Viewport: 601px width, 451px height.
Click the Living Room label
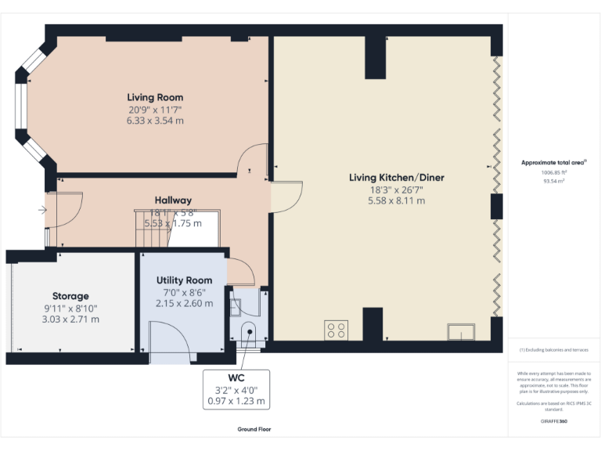point(155,97)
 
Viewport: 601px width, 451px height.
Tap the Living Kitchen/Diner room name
point(396,178)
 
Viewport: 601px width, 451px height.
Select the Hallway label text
point(173,200)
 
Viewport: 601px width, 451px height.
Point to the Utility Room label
point(184,280)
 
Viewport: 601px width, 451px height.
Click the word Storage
point(70,296)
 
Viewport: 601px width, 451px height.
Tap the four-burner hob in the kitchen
point(336,330)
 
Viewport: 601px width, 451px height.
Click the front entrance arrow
point(41,210)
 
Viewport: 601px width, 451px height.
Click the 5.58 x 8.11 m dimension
point(396,200)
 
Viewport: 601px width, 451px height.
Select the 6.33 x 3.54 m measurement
point(155,121)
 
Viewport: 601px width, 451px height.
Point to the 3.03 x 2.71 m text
point(70,319)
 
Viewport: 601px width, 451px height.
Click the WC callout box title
point(236,377)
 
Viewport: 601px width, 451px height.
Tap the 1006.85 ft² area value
point(553,172)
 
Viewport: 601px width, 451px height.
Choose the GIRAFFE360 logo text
point(553,421)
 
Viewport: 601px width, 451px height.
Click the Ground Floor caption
point(254,429)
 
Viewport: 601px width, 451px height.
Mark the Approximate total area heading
point(552,162)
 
